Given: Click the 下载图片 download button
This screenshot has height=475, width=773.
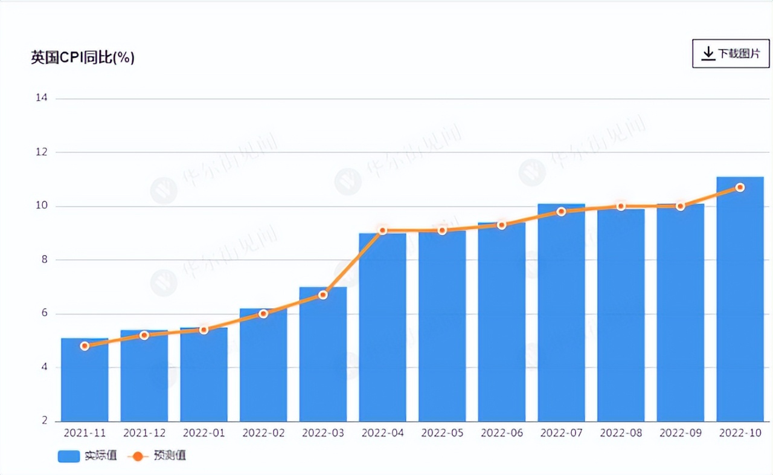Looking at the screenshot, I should [731, 54].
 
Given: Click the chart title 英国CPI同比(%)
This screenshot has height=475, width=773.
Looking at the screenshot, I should [83, 58].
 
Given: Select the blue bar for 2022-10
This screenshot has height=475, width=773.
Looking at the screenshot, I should [740, 302].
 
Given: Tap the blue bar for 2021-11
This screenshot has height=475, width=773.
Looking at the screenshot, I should [85, 381].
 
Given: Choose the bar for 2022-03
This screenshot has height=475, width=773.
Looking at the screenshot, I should [323, 357].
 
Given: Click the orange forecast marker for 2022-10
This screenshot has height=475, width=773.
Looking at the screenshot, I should [740, 187].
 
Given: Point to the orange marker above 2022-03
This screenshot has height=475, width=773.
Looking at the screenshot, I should [323, 295].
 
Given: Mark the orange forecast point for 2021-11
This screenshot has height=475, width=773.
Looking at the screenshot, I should [85, 346].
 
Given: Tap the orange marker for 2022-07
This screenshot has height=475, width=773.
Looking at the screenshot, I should [561, 212].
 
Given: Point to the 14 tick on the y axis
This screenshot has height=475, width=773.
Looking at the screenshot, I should [41, 99].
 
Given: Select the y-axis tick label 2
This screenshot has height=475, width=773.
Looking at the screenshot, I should [44, 421].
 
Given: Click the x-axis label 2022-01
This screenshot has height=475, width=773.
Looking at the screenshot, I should [204, 433].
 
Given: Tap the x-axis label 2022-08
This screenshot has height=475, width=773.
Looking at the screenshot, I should [621, 433].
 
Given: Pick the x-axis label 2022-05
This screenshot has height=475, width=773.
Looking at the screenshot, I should [442, 433].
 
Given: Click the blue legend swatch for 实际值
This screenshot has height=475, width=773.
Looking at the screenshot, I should [69, 456].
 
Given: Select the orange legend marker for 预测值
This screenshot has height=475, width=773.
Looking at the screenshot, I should [138, 456].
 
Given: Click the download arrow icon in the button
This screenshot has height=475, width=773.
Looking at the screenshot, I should [708, 54].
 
